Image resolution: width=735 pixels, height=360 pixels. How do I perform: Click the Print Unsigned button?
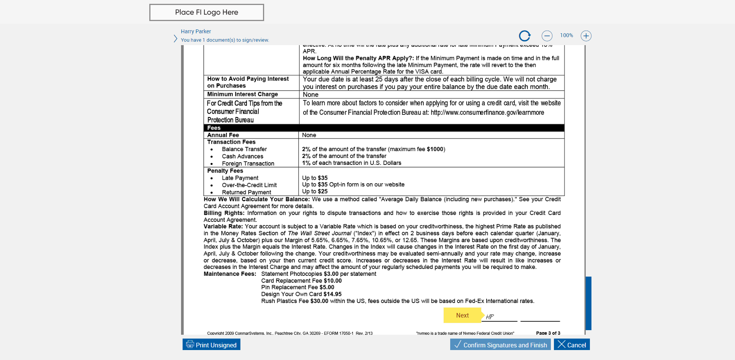pos(211,345)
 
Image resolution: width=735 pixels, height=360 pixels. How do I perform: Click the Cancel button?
pos(572,345)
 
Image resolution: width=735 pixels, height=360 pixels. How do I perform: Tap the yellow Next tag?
pos(462,315)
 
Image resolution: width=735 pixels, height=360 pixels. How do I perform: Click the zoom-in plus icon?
pos(586,36)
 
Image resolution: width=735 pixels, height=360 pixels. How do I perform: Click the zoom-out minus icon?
pos(547,36)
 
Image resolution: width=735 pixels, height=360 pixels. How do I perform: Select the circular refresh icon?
pos(524,36)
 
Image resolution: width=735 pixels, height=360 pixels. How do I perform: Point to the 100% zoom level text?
pos(566,35)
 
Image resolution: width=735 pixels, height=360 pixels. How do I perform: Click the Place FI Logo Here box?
pos(206,12)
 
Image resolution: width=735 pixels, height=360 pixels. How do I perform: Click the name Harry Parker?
pos(196,31)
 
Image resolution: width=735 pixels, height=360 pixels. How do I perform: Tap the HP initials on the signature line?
pos(490,316)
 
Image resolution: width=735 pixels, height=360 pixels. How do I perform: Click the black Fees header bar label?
pos(214,128)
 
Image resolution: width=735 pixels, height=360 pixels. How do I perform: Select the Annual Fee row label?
pos(223,135)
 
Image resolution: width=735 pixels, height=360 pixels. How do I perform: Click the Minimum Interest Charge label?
pos(242,94)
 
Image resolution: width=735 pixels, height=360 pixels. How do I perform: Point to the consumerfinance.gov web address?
pos(487,112)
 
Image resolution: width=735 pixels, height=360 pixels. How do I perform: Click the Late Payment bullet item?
pos(240,178)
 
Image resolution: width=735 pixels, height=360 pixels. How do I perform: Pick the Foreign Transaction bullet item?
pos(248,163)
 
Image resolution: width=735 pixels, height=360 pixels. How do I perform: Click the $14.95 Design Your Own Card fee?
pos(332,294)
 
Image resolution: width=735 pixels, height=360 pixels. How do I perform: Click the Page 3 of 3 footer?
pos(548,333)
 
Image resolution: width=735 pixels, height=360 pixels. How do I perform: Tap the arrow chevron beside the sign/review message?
pos(175,39)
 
